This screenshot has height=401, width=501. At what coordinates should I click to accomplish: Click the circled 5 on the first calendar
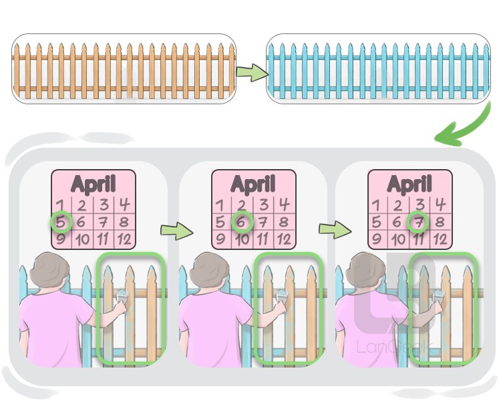pos(61,222)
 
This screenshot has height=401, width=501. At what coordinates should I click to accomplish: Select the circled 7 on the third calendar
pos(419,222)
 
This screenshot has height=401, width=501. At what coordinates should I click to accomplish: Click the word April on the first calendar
pos(94,184)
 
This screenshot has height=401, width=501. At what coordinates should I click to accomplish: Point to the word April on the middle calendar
pos(254,184)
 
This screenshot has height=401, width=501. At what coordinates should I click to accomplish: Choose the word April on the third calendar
pos(410,184)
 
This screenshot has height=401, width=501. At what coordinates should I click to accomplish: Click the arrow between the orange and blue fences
pos(251,73)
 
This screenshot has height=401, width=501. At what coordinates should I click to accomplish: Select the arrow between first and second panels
pos(176,231)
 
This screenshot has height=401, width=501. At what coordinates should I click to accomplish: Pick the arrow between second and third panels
pos(334,230)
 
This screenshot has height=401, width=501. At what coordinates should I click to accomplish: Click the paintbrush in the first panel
pos(123,299)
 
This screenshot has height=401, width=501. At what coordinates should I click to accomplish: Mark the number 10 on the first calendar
pos(83,239)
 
